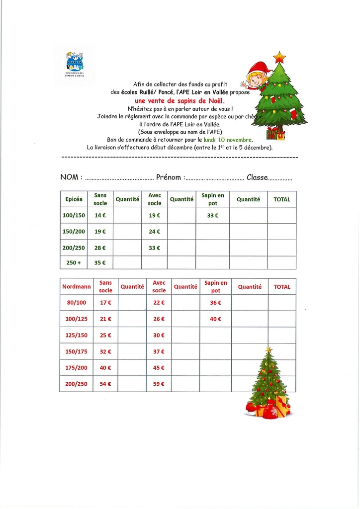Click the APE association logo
[75, 63]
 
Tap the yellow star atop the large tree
[279, 57]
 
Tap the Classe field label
[257, 177]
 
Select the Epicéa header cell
[74, 199]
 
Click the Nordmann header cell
[76, 287]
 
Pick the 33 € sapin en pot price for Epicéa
[213, 215]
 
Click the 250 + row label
[74, 262]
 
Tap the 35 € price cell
[100, 262]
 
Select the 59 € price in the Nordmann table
[159, 384]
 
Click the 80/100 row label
[76, 302]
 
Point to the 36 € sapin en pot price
[215, 302]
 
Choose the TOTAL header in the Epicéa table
[281, 199]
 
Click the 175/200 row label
[76, 368]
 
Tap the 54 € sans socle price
[105, 384]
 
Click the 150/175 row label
[76, 351]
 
